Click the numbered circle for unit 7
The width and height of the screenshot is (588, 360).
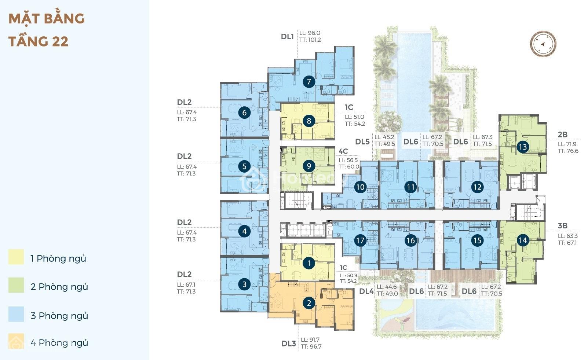[309, 82]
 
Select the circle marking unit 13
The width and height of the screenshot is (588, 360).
[523, 147]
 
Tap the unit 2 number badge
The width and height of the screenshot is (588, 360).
[309, 303]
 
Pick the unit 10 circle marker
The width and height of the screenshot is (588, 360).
[360, 187]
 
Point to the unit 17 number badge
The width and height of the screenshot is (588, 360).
[360, 240]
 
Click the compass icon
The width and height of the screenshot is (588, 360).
[543, 44]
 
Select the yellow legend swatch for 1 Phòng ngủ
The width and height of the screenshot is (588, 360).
[16, 257]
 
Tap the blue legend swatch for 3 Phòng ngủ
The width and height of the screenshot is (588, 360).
[16, 314]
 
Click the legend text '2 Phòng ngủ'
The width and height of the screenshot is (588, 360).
[59, 287]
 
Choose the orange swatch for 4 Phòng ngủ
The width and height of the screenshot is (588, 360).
[16, 341]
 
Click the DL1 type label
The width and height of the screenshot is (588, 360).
[287, 36]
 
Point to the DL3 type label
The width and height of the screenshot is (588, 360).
[289, 344]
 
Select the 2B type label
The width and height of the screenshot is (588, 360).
[563, 134]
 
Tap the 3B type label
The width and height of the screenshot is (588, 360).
[563, 225]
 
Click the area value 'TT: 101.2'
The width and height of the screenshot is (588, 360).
[310, 40]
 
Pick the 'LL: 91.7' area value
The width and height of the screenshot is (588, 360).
[310, 339]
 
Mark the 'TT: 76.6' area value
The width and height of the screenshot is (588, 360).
[568, 151]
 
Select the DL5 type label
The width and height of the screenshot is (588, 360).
[362, 142]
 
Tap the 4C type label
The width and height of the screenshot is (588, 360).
[343, 151]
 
